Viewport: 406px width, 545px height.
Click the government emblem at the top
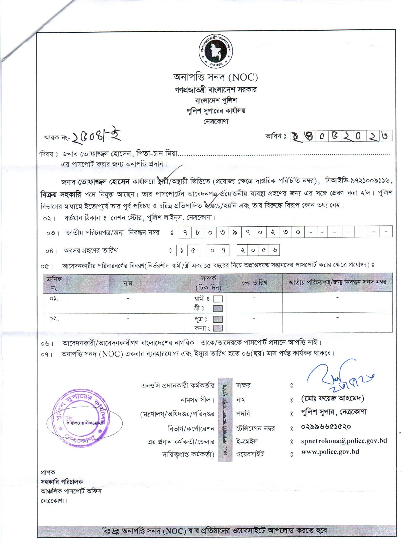pos(216,51)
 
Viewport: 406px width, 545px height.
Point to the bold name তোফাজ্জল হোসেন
pos(104,182)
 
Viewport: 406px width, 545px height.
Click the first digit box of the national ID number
pos(185,232)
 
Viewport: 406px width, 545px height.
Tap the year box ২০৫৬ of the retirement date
pos(258,251)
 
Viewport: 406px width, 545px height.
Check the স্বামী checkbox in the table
pos(218,299)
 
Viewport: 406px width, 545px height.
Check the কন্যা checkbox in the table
pos(218,328)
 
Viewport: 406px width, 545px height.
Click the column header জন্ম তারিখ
pos(254,282)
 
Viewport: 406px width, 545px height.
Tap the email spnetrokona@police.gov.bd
pos(344,441)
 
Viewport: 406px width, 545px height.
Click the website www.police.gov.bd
pos(330,452)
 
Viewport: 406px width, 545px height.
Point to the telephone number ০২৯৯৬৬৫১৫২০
pos(326,426)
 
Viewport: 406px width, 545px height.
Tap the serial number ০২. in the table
pos(54,319)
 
